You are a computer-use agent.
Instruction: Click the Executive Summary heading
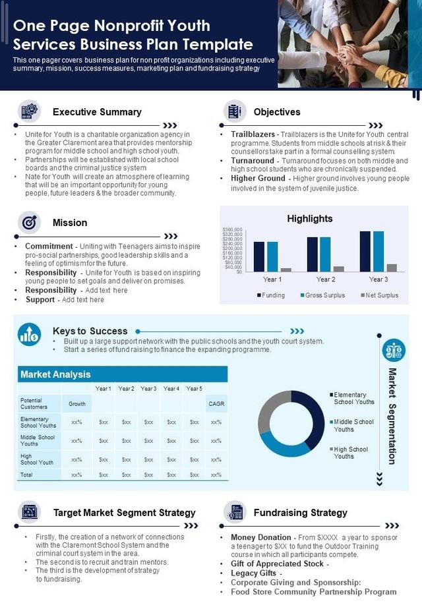pos(97,112)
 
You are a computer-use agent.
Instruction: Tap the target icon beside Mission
pos(29,223)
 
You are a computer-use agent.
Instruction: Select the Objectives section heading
pos(277,112)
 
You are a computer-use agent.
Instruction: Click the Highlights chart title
pos(310,219)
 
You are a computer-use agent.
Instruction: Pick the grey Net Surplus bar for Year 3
pos(392,268)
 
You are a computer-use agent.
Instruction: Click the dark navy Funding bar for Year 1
pos(258,256)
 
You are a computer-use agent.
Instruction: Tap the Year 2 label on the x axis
pos(325,279)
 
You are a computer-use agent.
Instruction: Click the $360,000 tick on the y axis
pos(233,229)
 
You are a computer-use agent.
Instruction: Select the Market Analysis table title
pos(56,374)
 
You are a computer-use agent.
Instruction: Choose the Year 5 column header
pos(194,389)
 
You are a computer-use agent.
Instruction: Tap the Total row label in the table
pos(27,475)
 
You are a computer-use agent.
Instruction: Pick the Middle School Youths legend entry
pos(353,426)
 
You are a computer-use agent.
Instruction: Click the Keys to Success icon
pos(29,334)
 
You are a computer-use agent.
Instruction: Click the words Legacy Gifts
pos(254,573)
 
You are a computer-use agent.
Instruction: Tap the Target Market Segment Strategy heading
pos(125,512)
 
